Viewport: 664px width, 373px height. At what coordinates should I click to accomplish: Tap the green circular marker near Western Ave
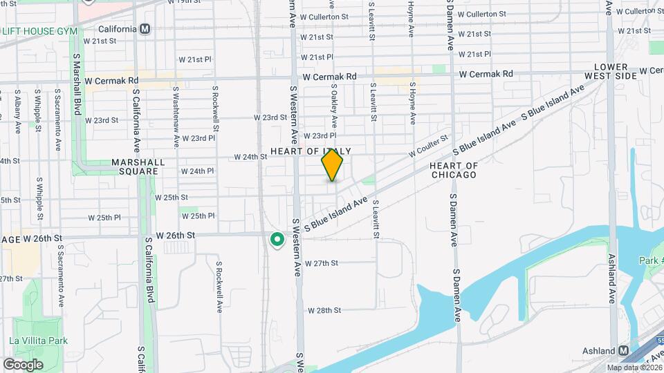pos(277,240)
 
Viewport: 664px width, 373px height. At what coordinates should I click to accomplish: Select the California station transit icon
pos(145,29)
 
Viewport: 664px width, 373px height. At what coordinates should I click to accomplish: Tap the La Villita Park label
pos(38,341)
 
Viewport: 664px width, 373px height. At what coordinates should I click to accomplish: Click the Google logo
pos(23,364)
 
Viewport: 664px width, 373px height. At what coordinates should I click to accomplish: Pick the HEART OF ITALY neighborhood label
pos(311,151)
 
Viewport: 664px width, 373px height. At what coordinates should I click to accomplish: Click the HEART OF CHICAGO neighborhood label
pos(453,170)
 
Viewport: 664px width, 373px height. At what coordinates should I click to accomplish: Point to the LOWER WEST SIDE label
pos(609,70)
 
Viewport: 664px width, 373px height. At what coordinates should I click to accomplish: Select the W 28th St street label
pos(324,310)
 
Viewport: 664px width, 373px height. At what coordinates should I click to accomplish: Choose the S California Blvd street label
pos(149,270)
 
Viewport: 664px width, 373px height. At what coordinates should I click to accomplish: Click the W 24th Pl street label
pos(197,171)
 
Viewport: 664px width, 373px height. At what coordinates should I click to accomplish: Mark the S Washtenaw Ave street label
pos(176,115)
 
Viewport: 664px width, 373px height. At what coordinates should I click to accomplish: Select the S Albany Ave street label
pos(17,111)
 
